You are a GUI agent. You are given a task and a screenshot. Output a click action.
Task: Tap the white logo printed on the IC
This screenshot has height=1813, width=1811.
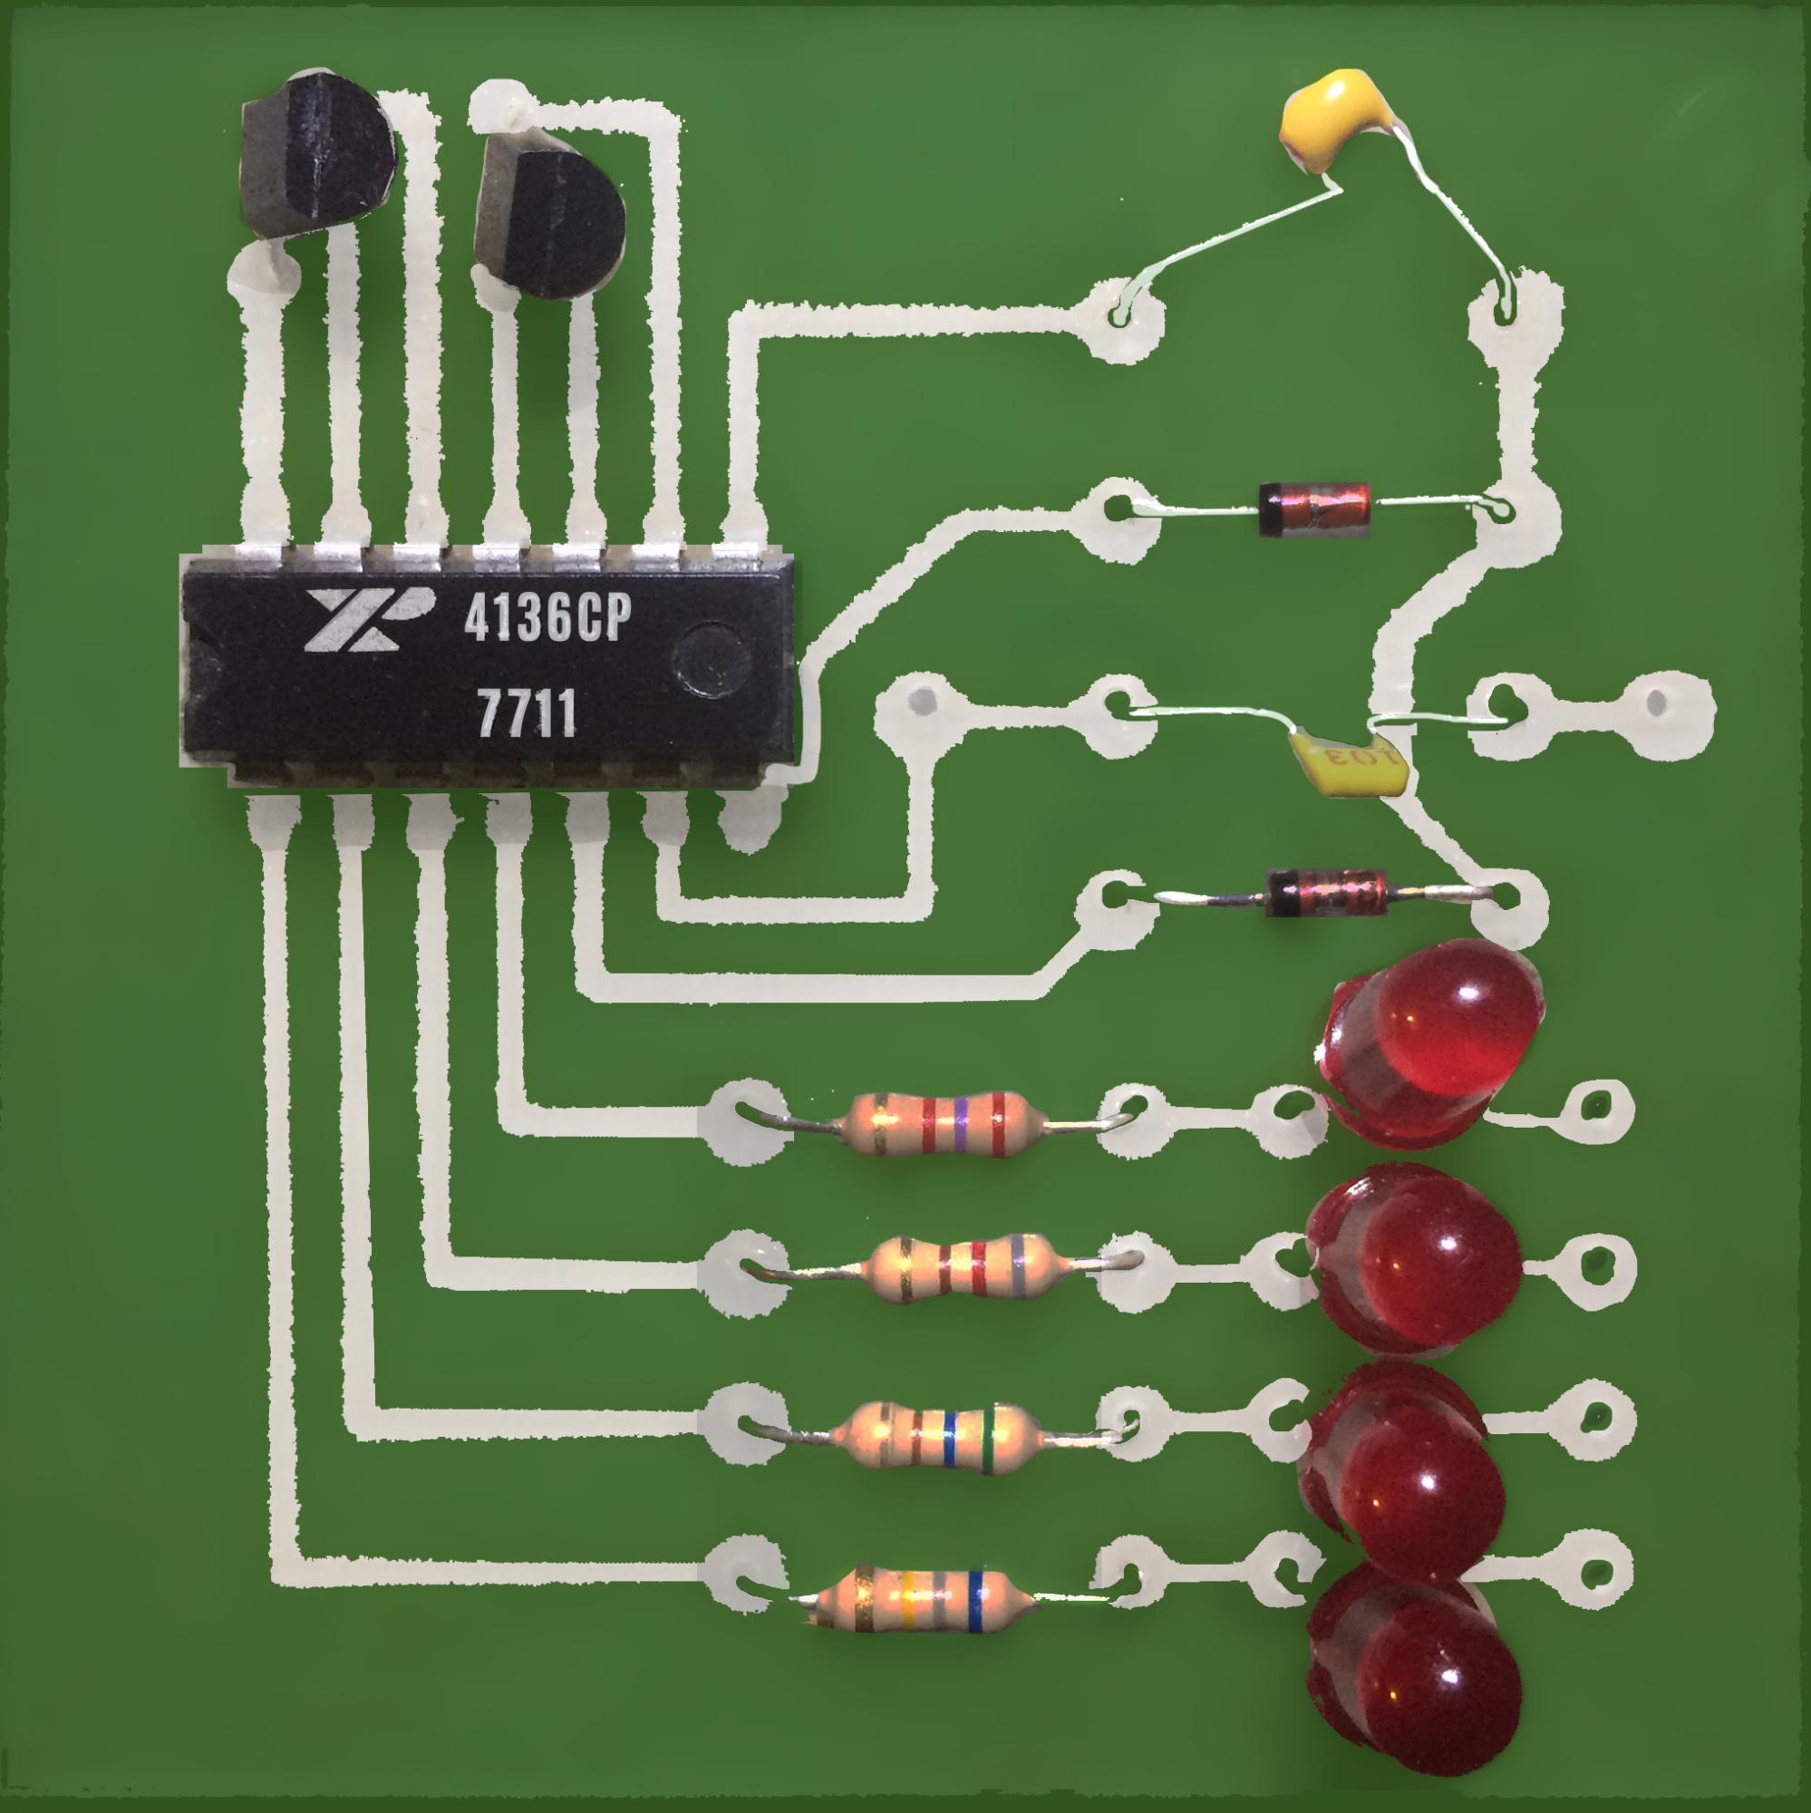click(368, 622)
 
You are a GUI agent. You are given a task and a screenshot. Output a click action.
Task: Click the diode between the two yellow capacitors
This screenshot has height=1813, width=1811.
click(1313, 509)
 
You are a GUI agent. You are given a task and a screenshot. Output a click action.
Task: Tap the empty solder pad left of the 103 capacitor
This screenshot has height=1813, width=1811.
click(922, 702)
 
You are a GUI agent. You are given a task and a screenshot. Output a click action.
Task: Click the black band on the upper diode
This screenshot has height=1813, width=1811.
click(1270, 509)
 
